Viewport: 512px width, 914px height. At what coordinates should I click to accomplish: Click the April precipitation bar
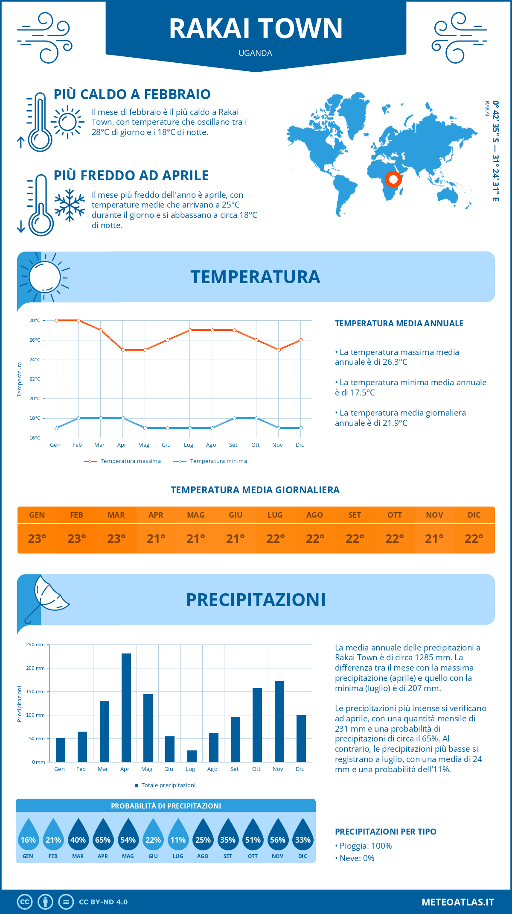pos(126,707)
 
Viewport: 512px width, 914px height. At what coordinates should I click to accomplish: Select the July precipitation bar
pos(192,756)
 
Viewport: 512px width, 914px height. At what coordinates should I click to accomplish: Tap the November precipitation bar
pos(279,721)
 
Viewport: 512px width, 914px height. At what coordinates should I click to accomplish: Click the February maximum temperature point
pos(79,320)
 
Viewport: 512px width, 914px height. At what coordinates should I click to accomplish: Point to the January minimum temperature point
pos(56,428)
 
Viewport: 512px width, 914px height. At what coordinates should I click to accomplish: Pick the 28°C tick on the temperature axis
pos(35,320)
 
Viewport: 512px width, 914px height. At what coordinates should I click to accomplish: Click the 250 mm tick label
pos(35,644)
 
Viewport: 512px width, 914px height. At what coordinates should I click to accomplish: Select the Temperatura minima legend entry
pos(210,461)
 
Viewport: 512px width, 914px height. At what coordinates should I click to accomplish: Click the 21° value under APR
pos(156,539)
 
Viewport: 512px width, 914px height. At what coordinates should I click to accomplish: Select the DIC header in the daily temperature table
pos(474,515)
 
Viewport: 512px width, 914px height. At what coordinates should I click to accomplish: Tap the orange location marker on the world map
pos(393,179)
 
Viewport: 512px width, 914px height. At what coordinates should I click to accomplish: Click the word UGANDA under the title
pos(255,53)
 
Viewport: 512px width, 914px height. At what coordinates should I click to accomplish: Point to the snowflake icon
pos(70,205)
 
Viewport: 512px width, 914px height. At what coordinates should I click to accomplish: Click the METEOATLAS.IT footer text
pos(458,902)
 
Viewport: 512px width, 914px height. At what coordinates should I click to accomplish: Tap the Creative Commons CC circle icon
pos(25,902)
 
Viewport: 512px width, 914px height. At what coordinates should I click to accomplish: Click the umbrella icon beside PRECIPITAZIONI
pos(47,598)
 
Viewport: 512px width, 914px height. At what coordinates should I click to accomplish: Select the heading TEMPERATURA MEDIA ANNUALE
pos(399,323)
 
